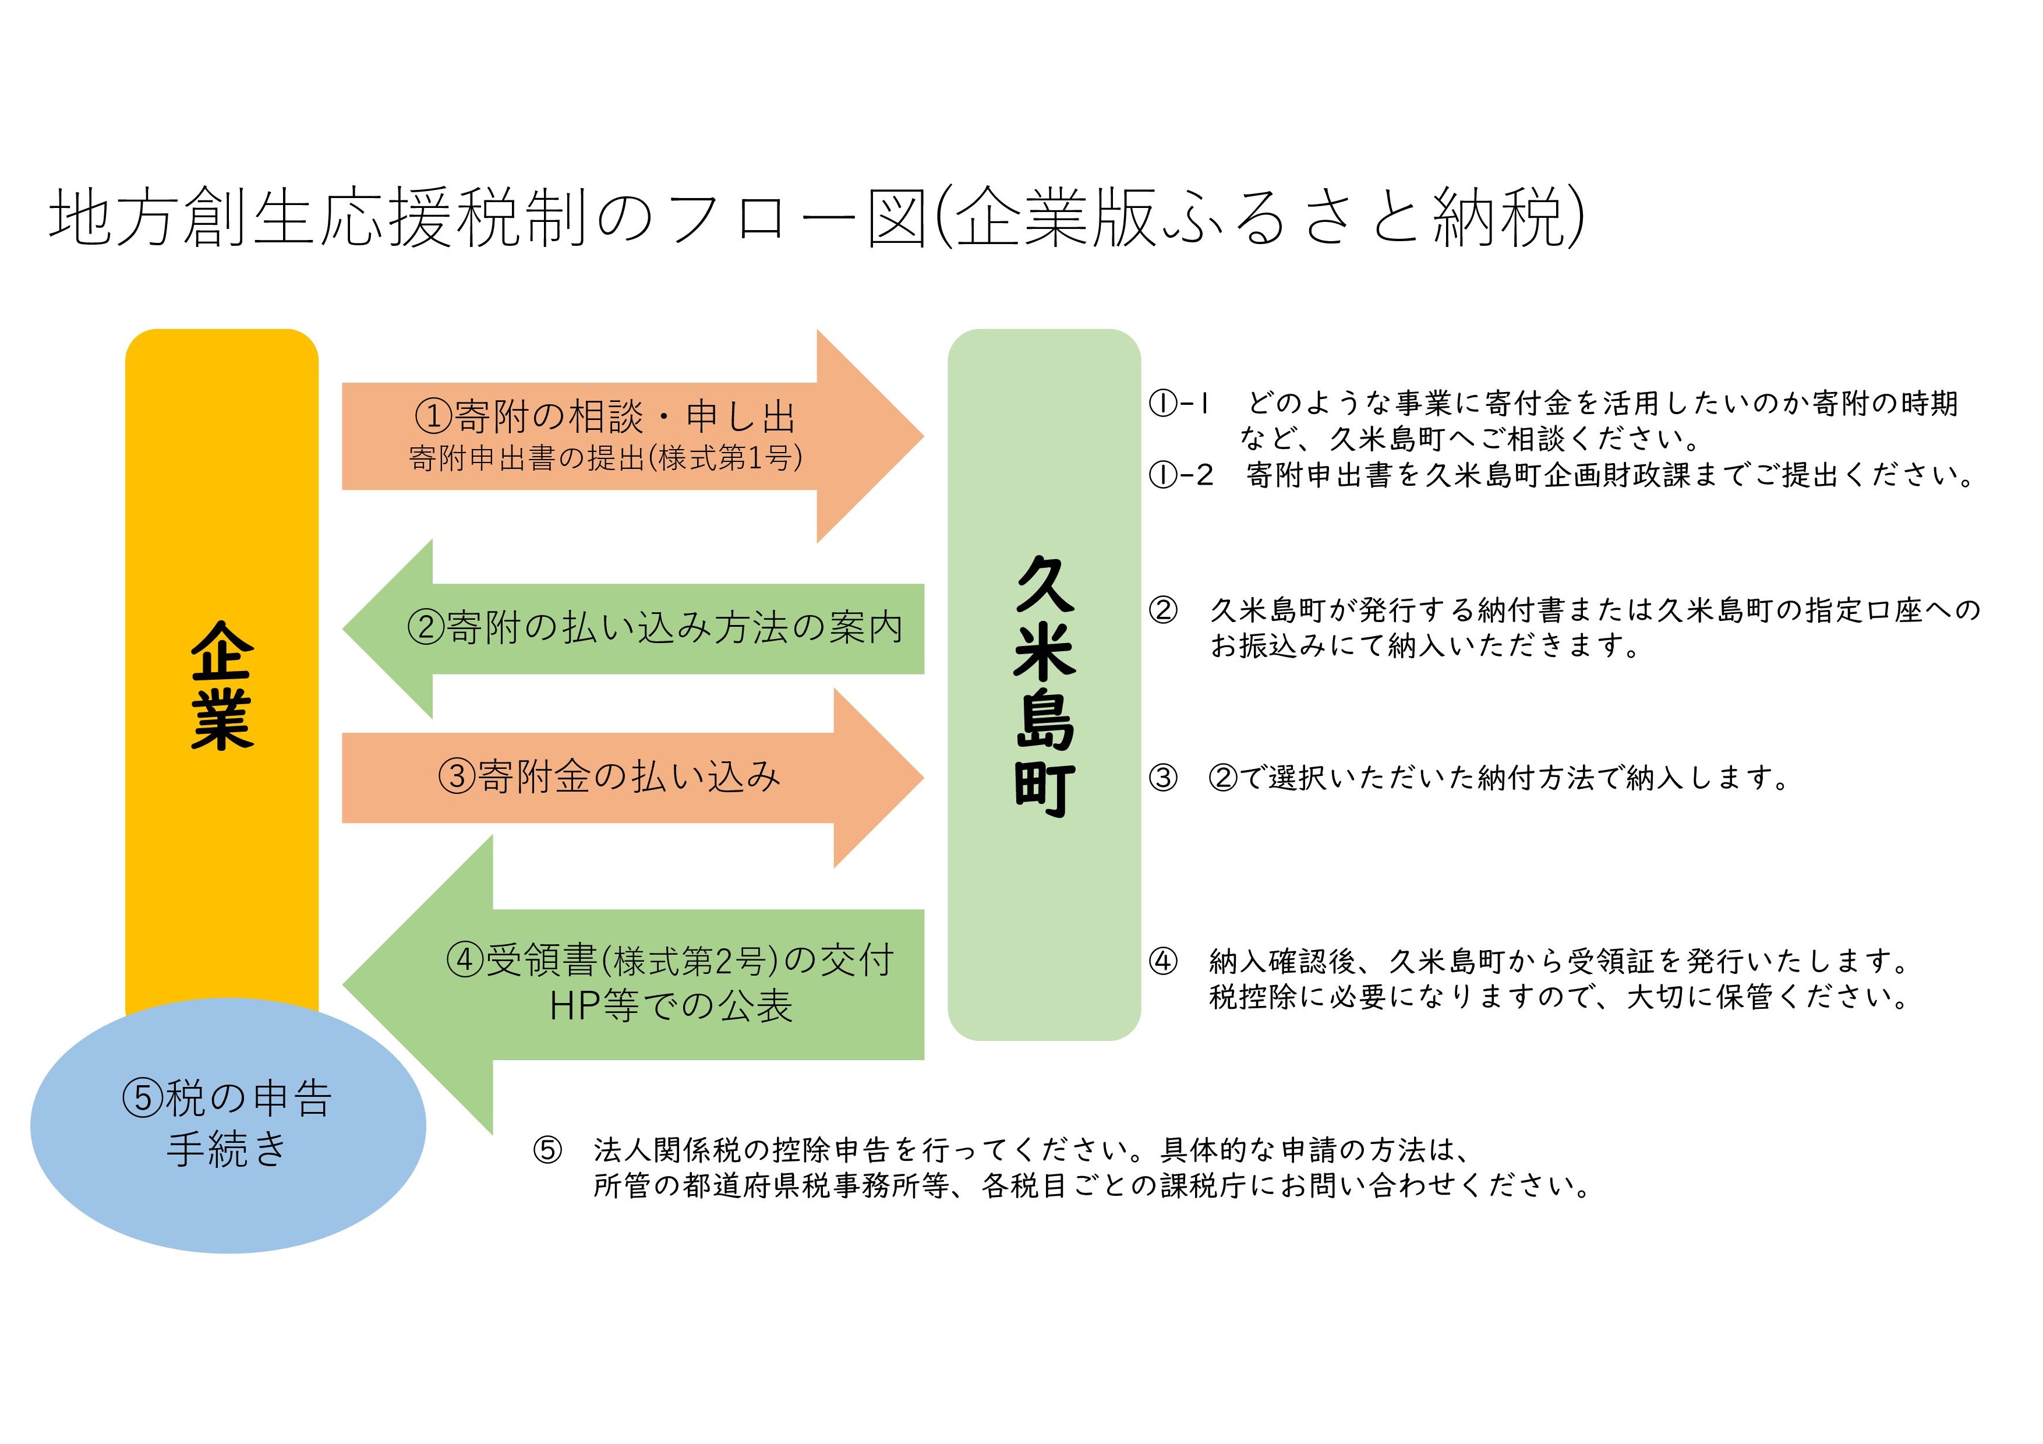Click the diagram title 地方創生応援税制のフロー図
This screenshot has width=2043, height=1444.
tap(489, 218)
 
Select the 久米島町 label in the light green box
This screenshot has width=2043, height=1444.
tap(1045, 685)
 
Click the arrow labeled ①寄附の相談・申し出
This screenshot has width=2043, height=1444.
tap(632, 436)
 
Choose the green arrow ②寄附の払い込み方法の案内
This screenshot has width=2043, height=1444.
tap(632, 629)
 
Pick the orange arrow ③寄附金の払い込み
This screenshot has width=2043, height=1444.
tap(632, 778)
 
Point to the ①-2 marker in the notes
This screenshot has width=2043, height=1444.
tap(1180, 475)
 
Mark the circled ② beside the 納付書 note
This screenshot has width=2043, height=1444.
tap(1163, 610)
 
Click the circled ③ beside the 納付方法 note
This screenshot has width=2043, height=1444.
tap(1163, 778)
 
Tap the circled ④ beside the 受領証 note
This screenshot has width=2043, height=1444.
tap(1163, 961)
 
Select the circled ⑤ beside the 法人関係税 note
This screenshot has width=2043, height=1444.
tap(547, 1150)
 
